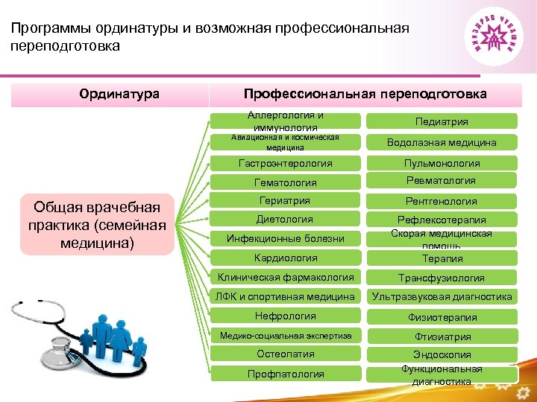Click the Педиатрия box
click(442, 121)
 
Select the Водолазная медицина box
click(442, 142)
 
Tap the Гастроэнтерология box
click(286, 163)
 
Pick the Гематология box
click(286, 182)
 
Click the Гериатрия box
click(286, 201)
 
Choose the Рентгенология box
click(442, 201)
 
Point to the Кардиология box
click(286, 258)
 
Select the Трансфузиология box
click(442, 278)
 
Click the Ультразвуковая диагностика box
click(442, 296)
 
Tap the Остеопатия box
click(286, 354)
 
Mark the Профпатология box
click(286, 374)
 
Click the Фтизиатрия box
click(442, 336)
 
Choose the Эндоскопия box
click(442, 355)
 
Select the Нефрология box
click(286, 316)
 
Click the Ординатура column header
click(119, 94)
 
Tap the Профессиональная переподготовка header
click(365, 94)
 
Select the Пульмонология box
click(442, 163)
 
